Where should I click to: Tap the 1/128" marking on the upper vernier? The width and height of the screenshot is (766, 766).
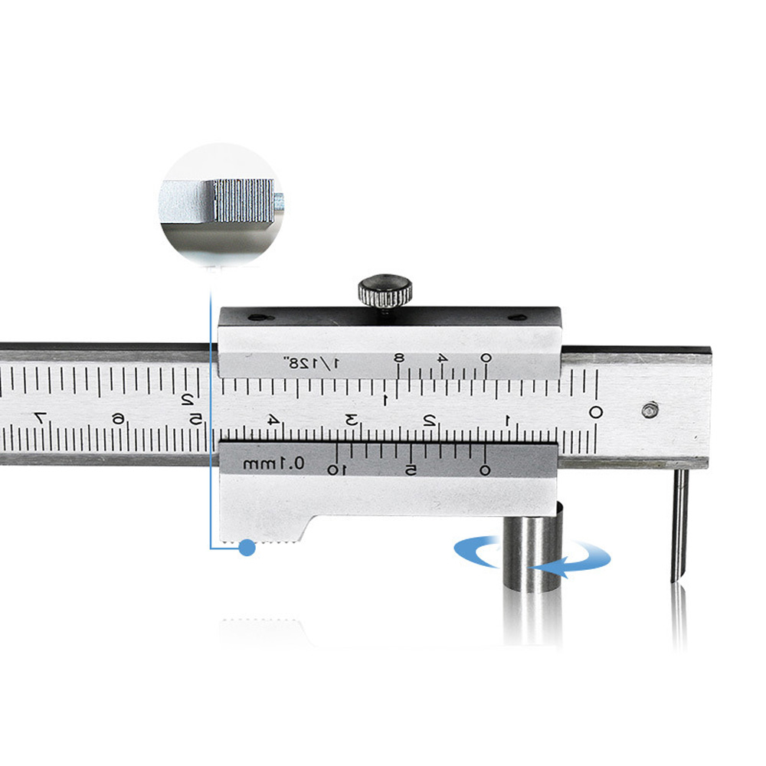[312, 363]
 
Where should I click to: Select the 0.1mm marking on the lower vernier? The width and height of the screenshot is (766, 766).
[273, 463]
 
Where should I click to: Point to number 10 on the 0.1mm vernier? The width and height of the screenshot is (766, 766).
[337, 470]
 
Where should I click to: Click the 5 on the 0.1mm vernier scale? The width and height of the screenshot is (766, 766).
[411, 470]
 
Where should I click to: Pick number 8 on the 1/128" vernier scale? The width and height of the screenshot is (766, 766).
[399, 358]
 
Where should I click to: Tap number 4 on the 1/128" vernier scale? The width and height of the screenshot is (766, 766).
[443, 358]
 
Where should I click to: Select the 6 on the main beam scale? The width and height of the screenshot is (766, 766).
[118, 419]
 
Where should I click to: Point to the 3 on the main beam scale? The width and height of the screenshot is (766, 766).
[352, 420]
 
